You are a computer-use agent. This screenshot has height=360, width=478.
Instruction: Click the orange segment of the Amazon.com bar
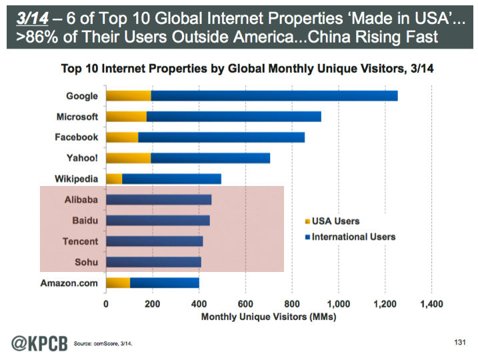118,283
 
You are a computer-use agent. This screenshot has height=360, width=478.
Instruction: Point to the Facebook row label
76,137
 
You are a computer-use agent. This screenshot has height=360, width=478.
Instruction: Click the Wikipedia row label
75,179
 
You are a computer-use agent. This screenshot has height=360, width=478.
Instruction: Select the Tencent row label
80,241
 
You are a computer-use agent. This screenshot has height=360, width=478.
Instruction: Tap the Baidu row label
85,221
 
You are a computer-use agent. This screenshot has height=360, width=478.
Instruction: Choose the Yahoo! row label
81,158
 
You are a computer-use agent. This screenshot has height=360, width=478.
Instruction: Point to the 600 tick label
245,304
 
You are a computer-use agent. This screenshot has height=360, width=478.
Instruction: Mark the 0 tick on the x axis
106,304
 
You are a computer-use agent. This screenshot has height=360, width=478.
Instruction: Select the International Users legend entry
349,237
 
